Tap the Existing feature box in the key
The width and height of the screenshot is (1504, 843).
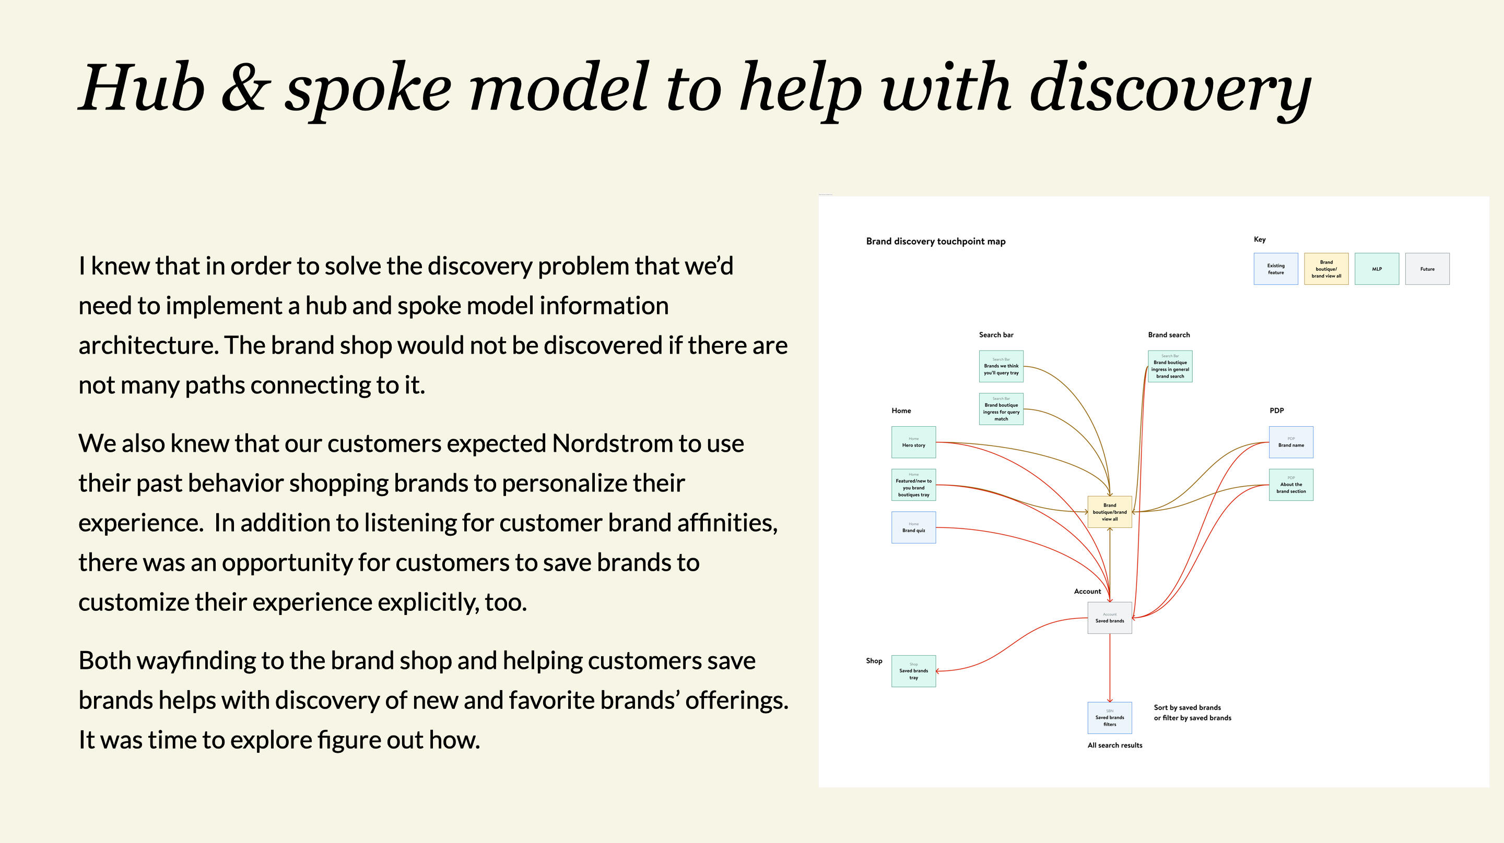pos(1276,269)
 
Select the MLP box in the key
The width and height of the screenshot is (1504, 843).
pos(1377,269)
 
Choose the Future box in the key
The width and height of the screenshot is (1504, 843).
pos(1427,269)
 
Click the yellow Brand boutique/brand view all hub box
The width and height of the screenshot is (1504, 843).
pos(1109,512)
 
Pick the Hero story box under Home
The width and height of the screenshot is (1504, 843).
pos(913,442)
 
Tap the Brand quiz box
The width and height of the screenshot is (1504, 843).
pos(913,527)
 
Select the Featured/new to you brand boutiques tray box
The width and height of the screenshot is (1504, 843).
pos(913,485)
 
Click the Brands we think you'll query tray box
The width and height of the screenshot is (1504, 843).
pos(1001,366)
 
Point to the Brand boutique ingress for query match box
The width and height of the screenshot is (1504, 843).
pos(1001,409)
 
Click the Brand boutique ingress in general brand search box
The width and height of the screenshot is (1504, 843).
pos(1170,366)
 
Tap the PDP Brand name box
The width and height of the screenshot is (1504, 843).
pos(1291,442)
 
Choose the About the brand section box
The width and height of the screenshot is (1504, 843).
pos(1291,485)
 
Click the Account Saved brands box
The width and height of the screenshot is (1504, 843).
pos(1109,618)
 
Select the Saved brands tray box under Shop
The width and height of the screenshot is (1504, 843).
pos(913,671)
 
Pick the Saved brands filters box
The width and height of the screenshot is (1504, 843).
pos(1109,718)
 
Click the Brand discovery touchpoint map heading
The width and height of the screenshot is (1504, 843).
pos(935,242)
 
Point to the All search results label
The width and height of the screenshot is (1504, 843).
pos(1114,745)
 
